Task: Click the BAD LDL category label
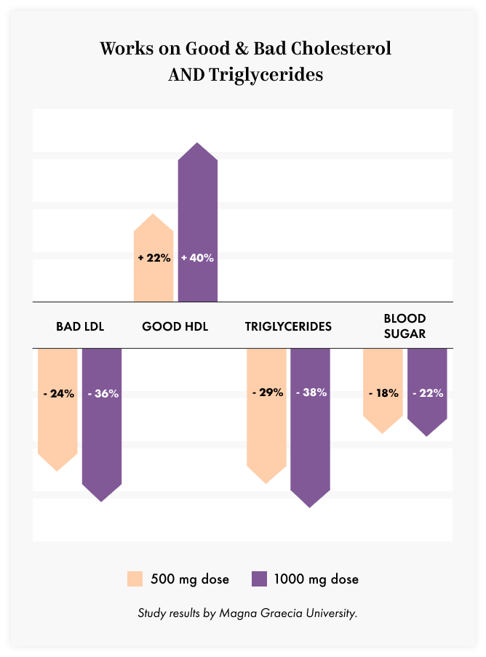pos(80,326)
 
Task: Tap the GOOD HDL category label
pos(175,326)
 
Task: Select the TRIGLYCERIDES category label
pos(288,326)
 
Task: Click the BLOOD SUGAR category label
pos(405,326)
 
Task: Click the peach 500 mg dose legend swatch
pos(135,579)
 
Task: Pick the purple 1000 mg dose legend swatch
pos(259,579)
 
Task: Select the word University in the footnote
pos(331,613)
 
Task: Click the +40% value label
pos(198,257)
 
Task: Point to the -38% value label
pos(311,392)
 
